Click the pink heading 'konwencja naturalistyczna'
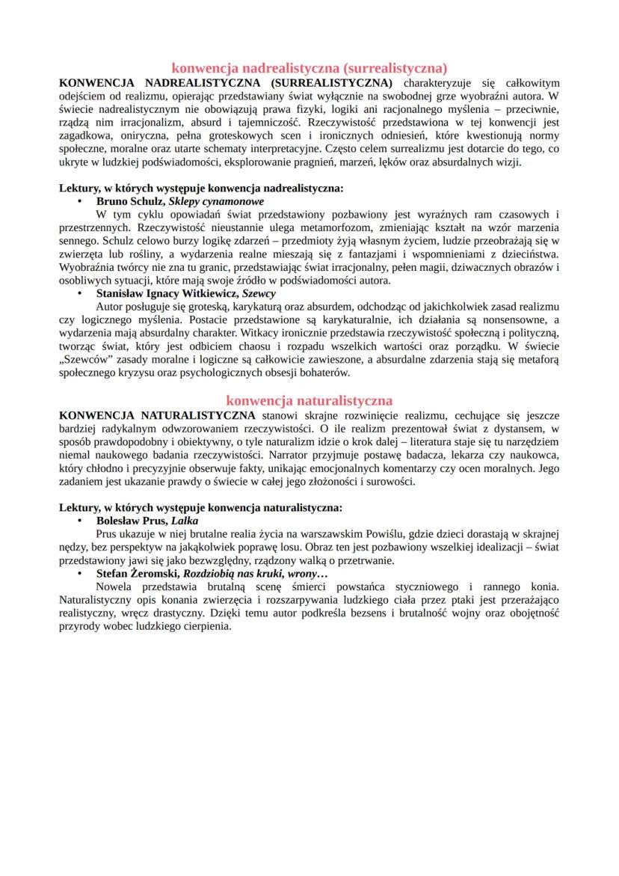309,400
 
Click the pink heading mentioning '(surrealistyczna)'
309,68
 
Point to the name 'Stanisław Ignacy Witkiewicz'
158,294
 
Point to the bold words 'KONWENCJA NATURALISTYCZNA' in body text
156,414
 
